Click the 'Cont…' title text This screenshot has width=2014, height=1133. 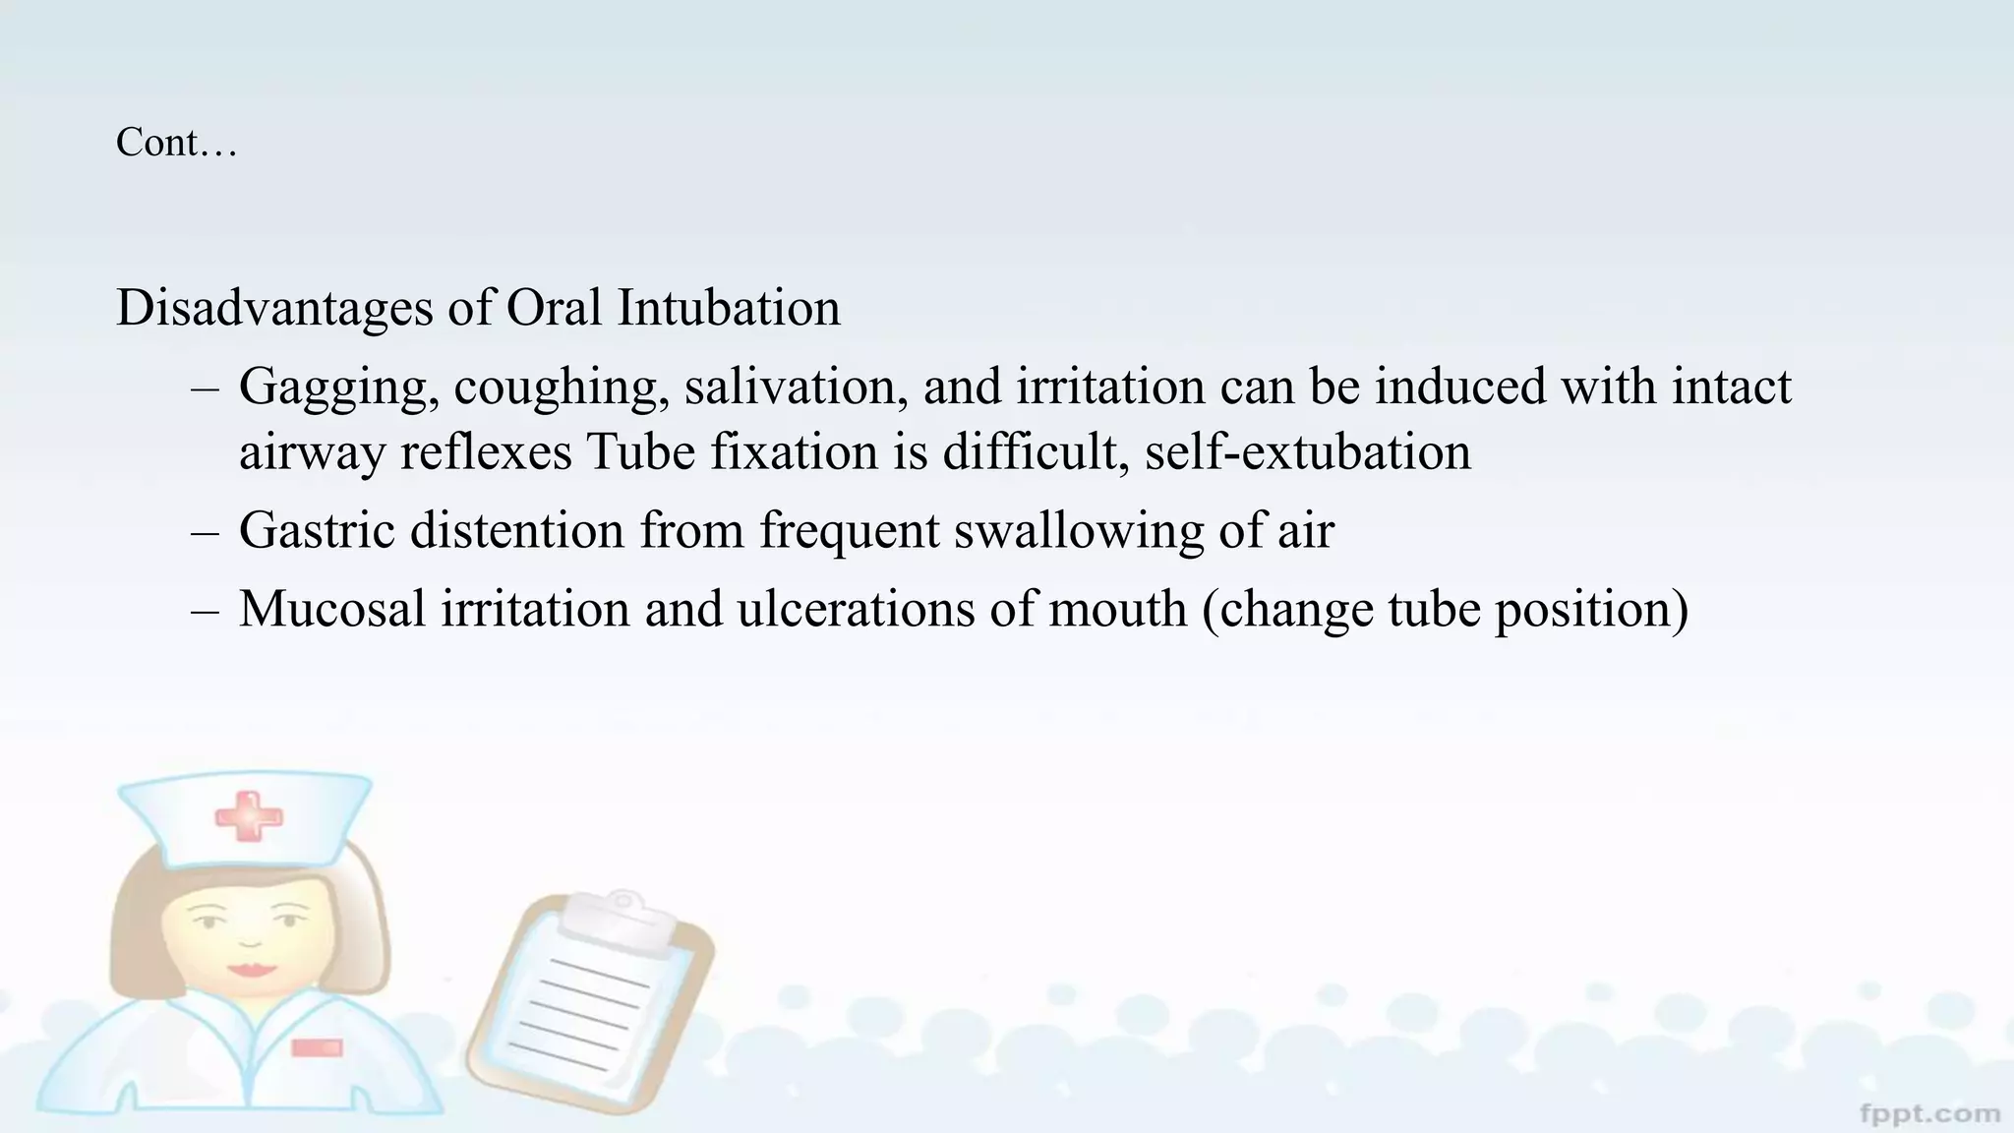tap(177, 143)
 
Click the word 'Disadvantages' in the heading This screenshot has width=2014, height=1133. tap(274, 308)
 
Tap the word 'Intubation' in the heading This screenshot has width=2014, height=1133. tap(729, 308)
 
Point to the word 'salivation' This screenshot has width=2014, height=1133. tap(797, 387)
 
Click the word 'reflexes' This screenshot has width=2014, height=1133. tap(486, 452)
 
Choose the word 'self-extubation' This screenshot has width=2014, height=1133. tap(1308, 452)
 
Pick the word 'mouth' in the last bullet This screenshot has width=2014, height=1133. tap(1118, 609)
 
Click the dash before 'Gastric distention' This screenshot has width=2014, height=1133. tap(205, 532)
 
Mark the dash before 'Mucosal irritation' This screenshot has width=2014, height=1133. tap(205, 610)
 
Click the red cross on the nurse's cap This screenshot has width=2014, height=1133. tap(248, 817)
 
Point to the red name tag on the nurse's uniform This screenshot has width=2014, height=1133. tap(318, 1048)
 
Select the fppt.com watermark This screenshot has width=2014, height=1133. tap(1930, 1113)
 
